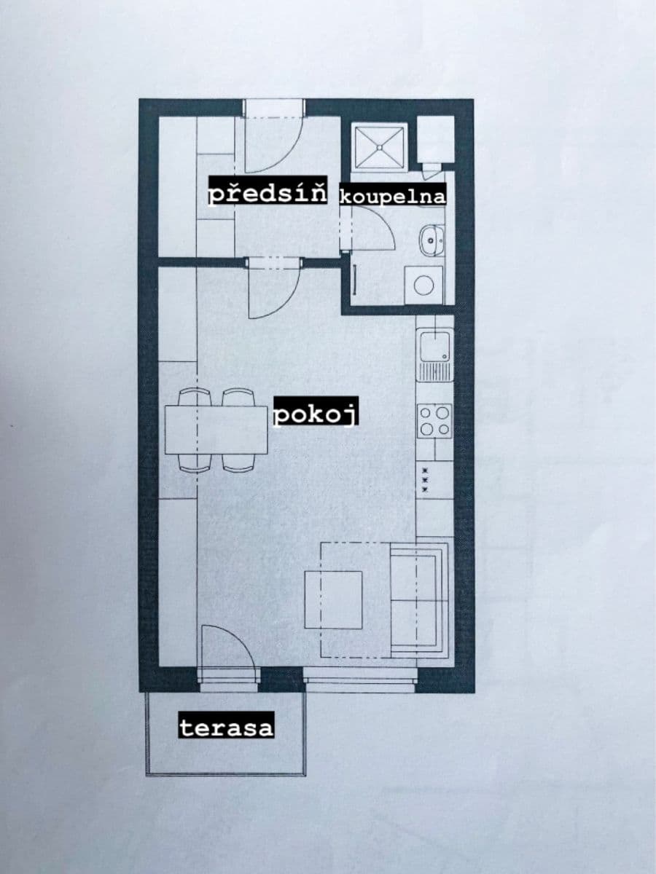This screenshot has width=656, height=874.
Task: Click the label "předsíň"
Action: point(268,194)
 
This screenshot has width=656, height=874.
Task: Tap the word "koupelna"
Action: point(393,196)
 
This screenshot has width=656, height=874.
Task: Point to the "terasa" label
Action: point(226,727)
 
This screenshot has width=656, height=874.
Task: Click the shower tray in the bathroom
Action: point(379,147)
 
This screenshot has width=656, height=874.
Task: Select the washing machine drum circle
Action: point(424,284)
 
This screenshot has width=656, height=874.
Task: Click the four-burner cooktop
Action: point(434,420)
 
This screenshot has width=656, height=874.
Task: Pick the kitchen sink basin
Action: point(434,345)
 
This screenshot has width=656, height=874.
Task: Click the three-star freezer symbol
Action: point(424,481)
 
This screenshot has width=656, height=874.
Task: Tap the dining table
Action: point(216,430)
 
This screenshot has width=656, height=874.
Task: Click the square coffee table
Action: point(334,599)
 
